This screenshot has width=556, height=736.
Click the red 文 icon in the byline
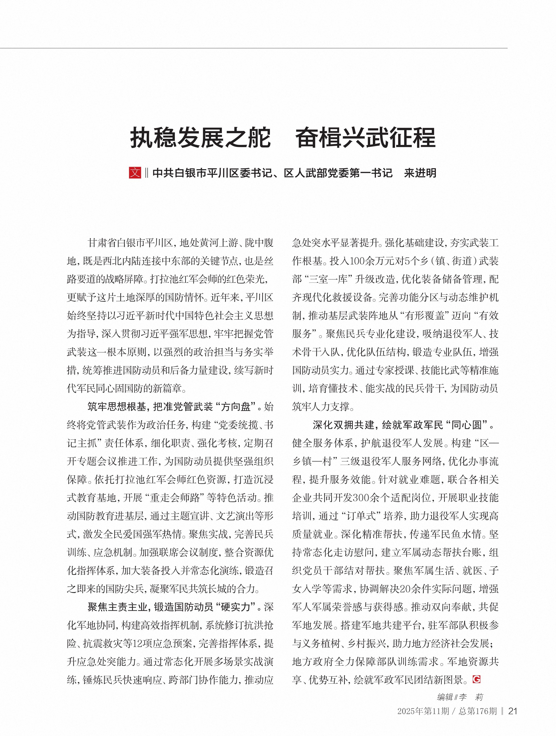pyautogui.click(x=135, y=173)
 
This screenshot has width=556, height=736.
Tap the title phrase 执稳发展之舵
pyautogui.click(x=200, y=137)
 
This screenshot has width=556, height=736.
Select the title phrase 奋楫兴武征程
pyautogui.click(x=365, y=137)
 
